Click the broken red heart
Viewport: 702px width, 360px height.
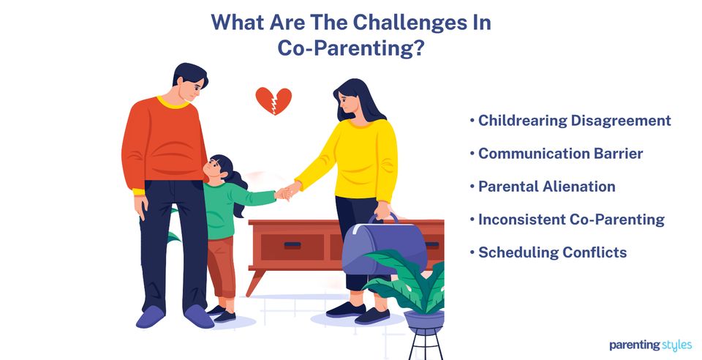click(273, 100)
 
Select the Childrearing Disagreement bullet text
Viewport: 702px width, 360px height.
click(574, 121)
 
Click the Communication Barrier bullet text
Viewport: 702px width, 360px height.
click(560, 154)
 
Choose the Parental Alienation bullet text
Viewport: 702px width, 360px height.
click(546, 187)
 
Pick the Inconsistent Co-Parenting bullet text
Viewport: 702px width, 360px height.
click(571, 220)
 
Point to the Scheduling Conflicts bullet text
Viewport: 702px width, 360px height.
click(552, 252)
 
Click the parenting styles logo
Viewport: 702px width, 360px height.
click(650, 345)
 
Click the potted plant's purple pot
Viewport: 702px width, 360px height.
click(423, 320)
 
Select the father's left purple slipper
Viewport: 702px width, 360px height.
click(152, 318)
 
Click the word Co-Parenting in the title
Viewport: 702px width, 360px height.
click(351, 50)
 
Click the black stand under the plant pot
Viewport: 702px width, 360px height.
click(423, 344)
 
